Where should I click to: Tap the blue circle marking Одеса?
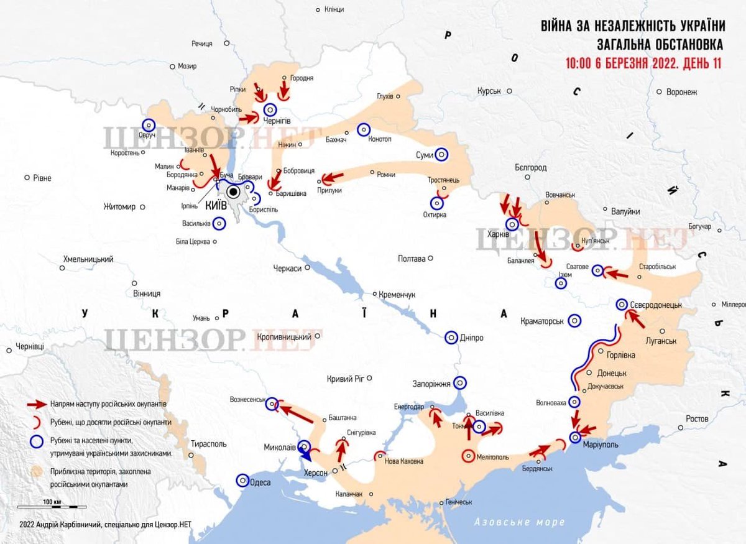tap(243, 481)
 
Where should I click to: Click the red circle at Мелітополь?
tap(467, 456)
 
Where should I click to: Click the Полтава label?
tap(412, 259)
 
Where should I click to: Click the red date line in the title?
tap(643, 64)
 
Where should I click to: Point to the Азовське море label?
tap(519, 522)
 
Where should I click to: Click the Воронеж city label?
tap(681, 92)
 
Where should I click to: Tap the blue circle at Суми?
tap(441, 154)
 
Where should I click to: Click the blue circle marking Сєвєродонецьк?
tap(622, 305)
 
